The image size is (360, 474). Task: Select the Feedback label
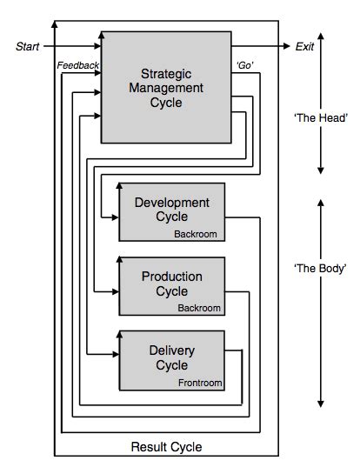[78, 66]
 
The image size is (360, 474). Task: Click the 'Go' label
[244, 66]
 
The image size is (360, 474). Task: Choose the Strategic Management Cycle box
[165, 87]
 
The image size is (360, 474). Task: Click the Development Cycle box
[172, 211]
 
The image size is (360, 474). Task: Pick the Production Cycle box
[172, 285]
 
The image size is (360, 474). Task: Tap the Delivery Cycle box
[172, 358]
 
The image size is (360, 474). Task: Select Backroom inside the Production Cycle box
[200, 307]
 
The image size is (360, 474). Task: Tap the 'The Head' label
[322, 115]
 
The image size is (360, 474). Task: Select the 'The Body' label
[322, 270]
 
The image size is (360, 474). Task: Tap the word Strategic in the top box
[165, 73]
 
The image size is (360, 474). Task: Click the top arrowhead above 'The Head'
[322, 37]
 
